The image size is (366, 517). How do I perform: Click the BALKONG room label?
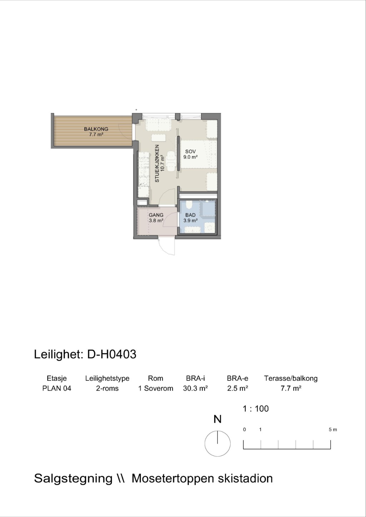96,129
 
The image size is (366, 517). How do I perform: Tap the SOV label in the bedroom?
191,152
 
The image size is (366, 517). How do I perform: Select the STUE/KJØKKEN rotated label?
157,163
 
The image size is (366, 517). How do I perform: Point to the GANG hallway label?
156,215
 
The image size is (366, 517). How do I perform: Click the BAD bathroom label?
190,215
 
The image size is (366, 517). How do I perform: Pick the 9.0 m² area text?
191,157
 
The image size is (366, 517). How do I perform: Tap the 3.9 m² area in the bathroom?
191,220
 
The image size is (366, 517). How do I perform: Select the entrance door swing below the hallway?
166,246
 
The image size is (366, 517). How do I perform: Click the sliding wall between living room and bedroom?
179,153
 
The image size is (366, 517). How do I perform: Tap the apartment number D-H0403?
112,354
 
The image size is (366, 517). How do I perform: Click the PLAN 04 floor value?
57,388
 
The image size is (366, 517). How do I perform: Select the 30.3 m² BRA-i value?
195,388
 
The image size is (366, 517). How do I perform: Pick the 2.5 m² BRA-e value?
238,388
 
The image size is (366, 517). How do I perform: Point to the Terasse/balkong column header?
291,379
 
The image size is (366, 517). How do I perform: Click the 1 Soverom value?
156,388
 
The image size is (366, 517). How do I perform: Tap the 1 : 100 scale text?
256,409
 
